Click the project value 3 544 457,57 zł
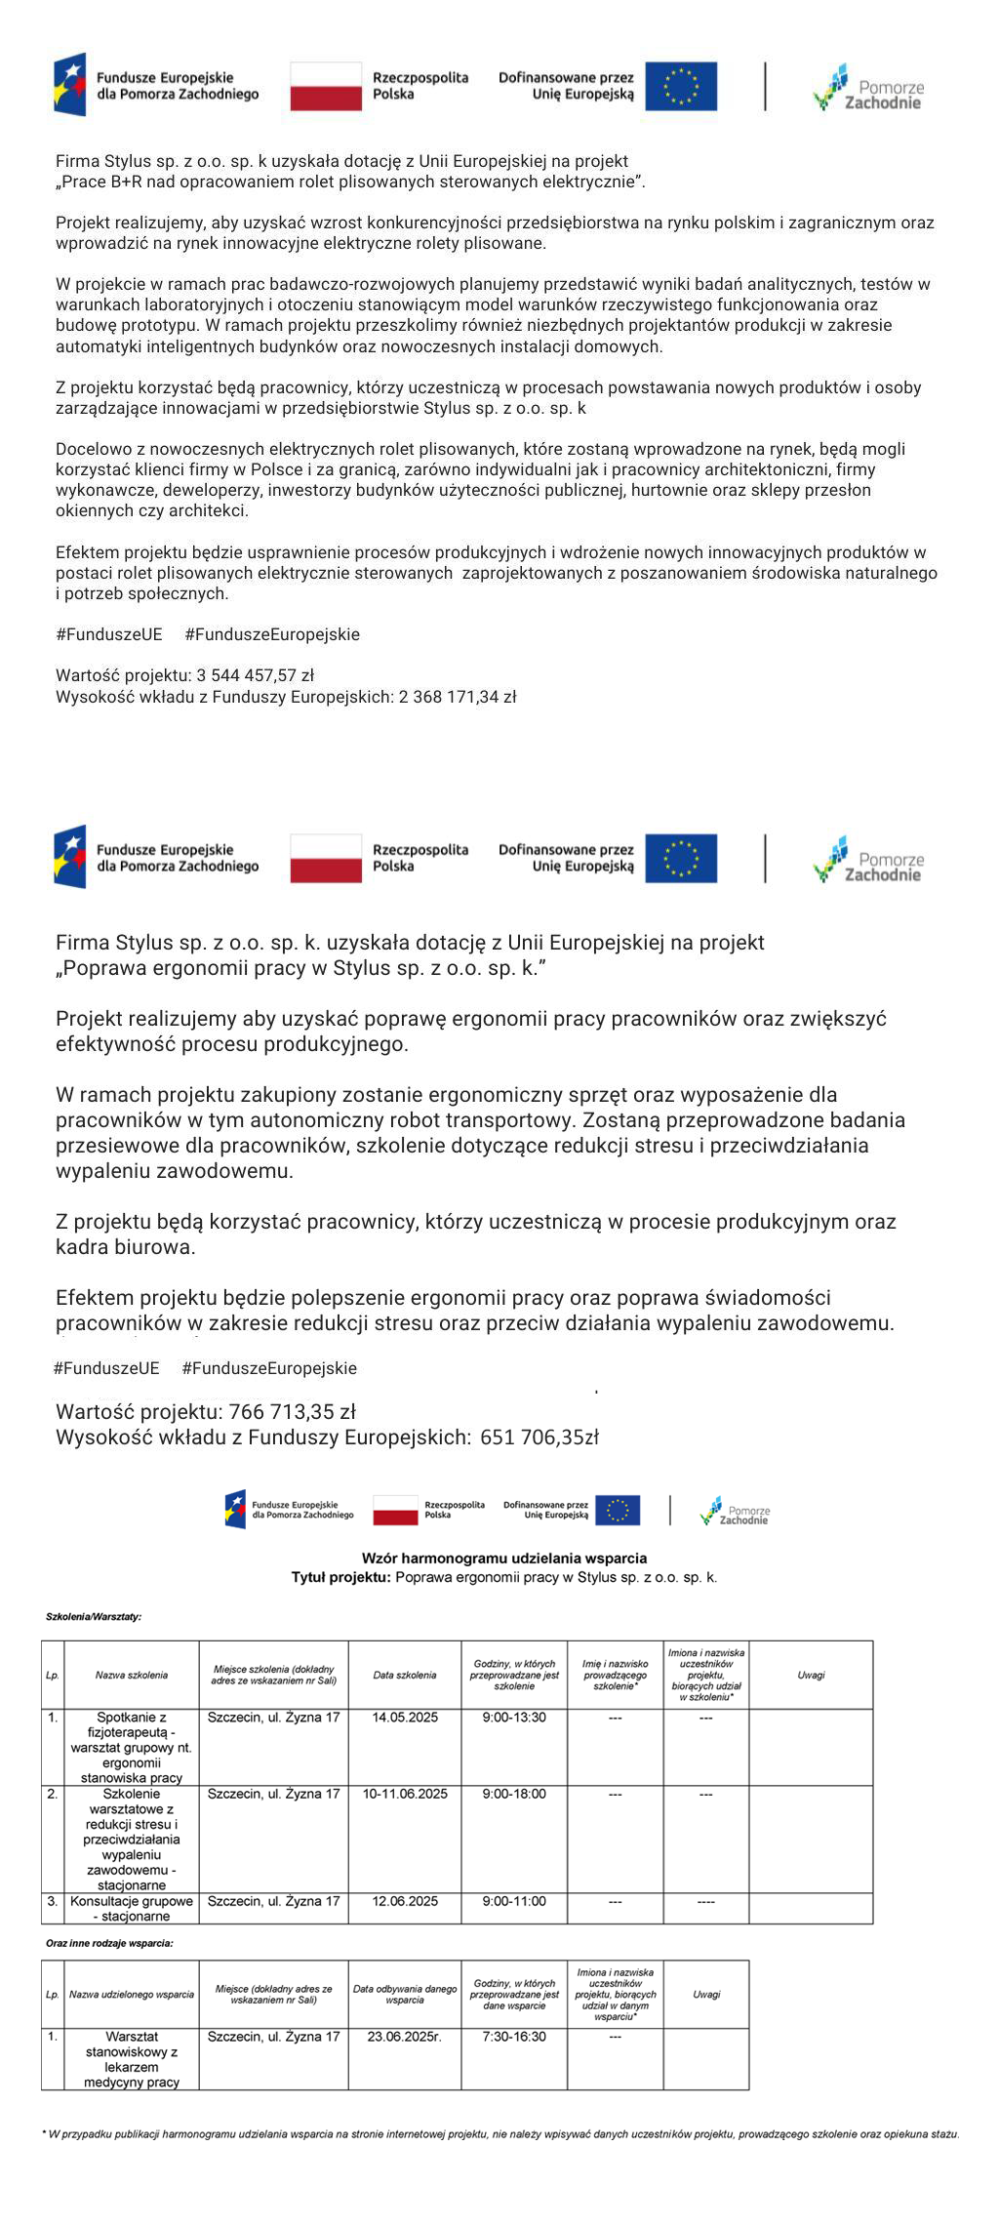pyautogui.click(x=255, y=675)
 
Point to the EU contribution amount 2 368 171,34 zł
pyautogui.click(x=458, y=697)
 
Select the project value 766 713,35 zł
pyautogui.click(x=292, y=1411)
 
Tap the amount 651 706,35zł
pyautogui.click(x=539, y=1437)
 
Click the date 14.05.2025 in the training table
pyautogui.click(x=405, y=1718)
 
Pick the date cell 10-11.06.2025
pyautogui.click(x=405, y=1794)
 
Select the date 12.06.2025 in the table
pyautogui.click(x=405, y=1901)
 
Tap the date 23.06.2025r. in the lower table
pyautogui.click(x=405, y=2037)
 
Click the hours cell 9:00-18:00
pyautogui.click(x=514, y=1794)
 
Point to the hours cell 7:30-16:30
pyautogui.click(x=514, y=2037)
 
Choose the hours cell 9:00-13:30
pyautogui.click(x=514, y=1718)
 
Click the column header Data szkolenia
pyautogui.click(x=405, y=1675)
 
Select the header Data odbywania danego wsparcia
pyautogui.click(x=405, y=1994)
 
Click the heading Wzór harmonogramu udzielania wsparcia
pyautogui.click(x=503, y=1559)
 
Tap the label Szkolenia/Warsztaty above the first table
pyautogui.click(x=94, y=1617)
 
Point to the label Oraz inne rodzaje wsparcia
pyautogui.click(x=109, y=1943)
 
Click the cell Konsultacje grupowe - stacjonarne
pyautogui.click(x=132, y=1909)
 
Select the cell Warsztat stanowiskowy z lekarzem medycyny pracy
pyautogui.click(x=132, y=2059)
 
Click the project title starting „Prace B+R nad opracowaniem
pyautogui.click(x=350, y=182)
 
